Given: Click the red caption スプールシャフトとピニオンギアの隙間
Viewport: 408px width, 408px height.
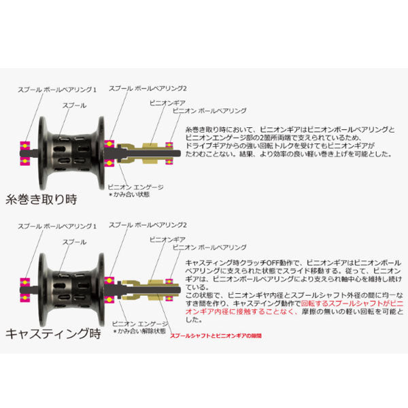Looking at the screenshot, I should (216, 336).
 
